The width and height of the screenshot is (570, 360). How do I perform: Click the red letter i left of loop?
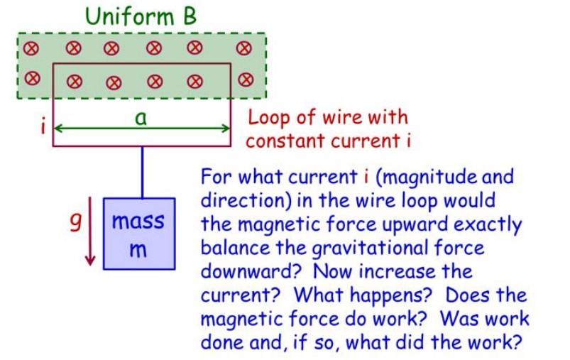43,129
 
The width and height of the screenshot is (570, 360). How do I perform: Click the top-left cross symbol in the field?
31,49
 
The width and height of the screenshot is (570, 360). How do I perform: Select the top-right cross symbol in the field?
246,49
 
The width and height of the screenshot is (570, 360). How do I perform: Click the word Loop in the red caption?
265,117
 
